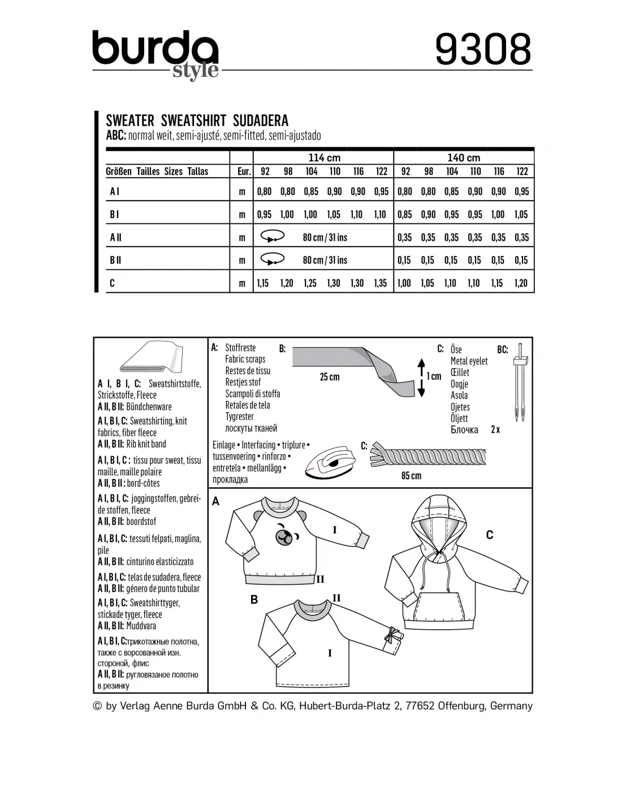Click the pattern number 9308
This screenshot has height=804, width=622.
pyautogui.click(x=483, y=49)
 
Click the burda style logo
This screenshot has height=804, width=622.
pyautogui.click(x=155, y=54)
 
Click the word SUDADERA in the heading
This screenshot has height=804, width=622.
pyautogui.click(x=261, y=120)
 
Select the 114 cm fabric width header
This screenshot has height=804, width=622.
pyautogui.click(x=324, y=158)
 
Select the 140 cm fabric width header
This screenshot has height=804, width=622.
pyautogui.click(x=464, y=158)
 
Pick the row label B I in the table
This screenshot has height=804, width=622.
pyautogui.click(x=114, y=214)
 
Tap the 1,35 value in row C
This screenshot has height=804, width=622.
pyautogui.click(x=381, y=283)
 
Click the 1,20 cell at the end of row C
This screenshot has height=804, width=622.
pyautogui.click(x=521, y=283)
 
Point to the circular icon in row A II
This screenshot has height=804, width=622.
pyautogui.click(x=273, y=237)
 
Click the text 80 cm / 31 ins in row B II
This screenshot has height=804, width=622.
pyautogui.click(x=325, y=260)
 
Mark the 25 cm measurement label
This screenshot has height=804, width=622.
pyautogui.click(x=330, y=377)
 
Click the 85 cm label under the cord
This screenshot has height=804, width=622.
pyautogui.click(x=411, y=476)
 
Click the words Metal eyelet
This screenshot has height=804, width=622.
pyautogui.click(x=469, y=361)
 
